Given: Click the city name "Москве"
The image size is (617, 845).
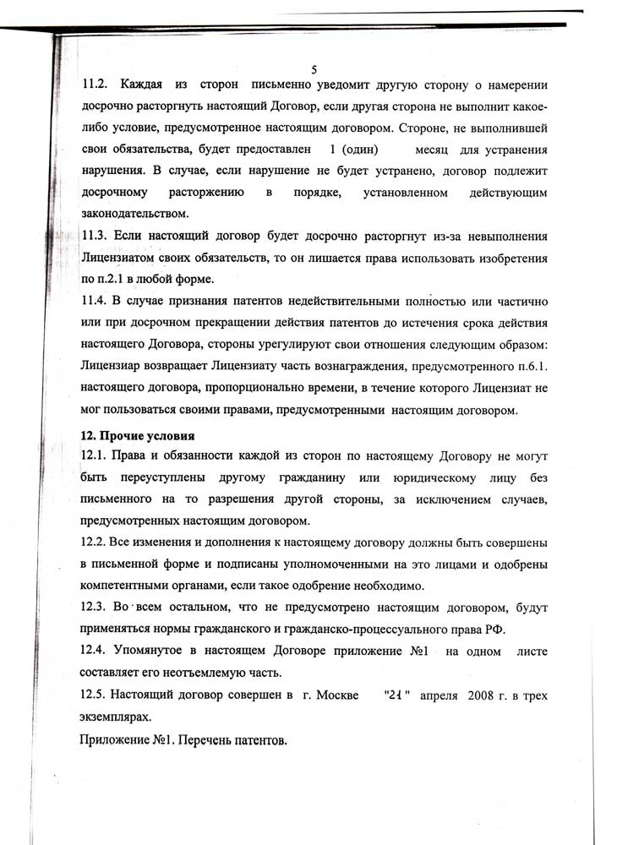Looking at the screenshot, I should pos(319,696).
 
